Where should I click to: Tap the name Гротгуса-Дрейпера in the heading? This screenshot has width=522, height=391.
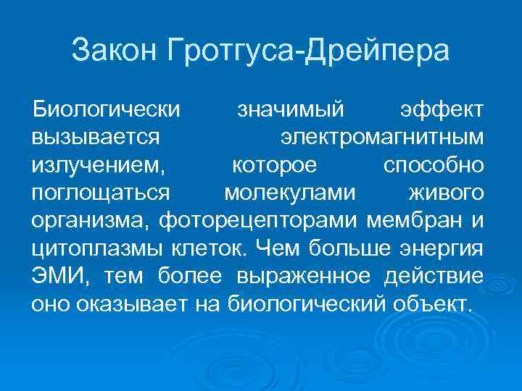(x=308, y=51)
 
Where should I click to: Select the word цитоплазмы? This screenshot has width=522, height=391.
(x=96, y=248)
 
